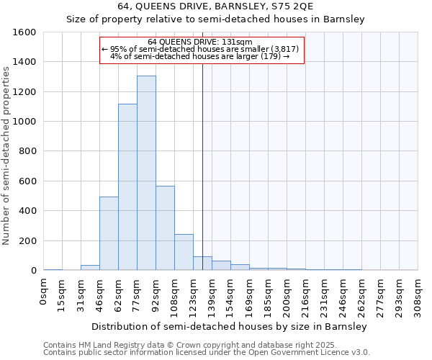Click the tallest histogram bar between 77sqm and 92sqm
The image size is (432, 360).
[x=146, y=173]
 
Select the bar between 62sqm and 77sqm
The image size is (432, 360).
[x=127, y=187]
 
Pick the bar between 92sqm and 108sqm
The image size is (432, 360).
[x=165, y=228]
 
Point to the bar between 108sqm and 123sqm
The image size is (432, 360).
[x=184, y=252]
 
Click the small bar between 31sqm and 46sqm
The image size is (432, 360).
[x=90, y=268]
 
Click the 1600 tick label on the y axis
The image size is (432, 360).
[x=25, y=32]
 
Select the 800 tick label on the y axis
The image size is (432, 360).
[x=28, y=151]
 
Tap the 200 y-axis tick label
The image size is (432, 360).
[x=28, y=240]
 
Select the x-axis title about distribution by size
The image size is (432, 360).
[x=230, y=326]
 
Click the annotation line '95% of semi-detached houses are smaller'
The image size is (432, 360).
[x=202, y=49]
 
